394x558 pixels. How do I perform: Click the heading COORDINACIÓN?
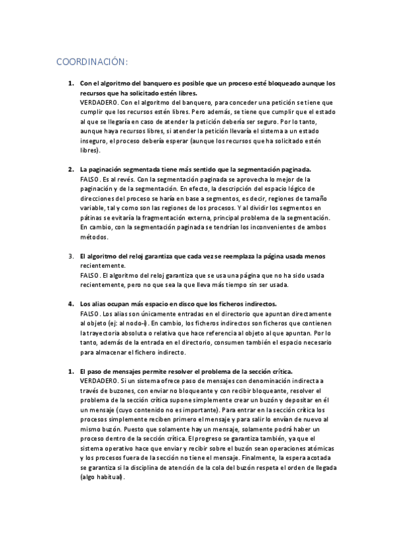coord(91,62)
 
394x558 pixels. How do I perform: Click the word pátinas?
coord(93,218)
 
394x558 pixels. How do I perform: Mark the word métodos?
coord(94,237)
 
